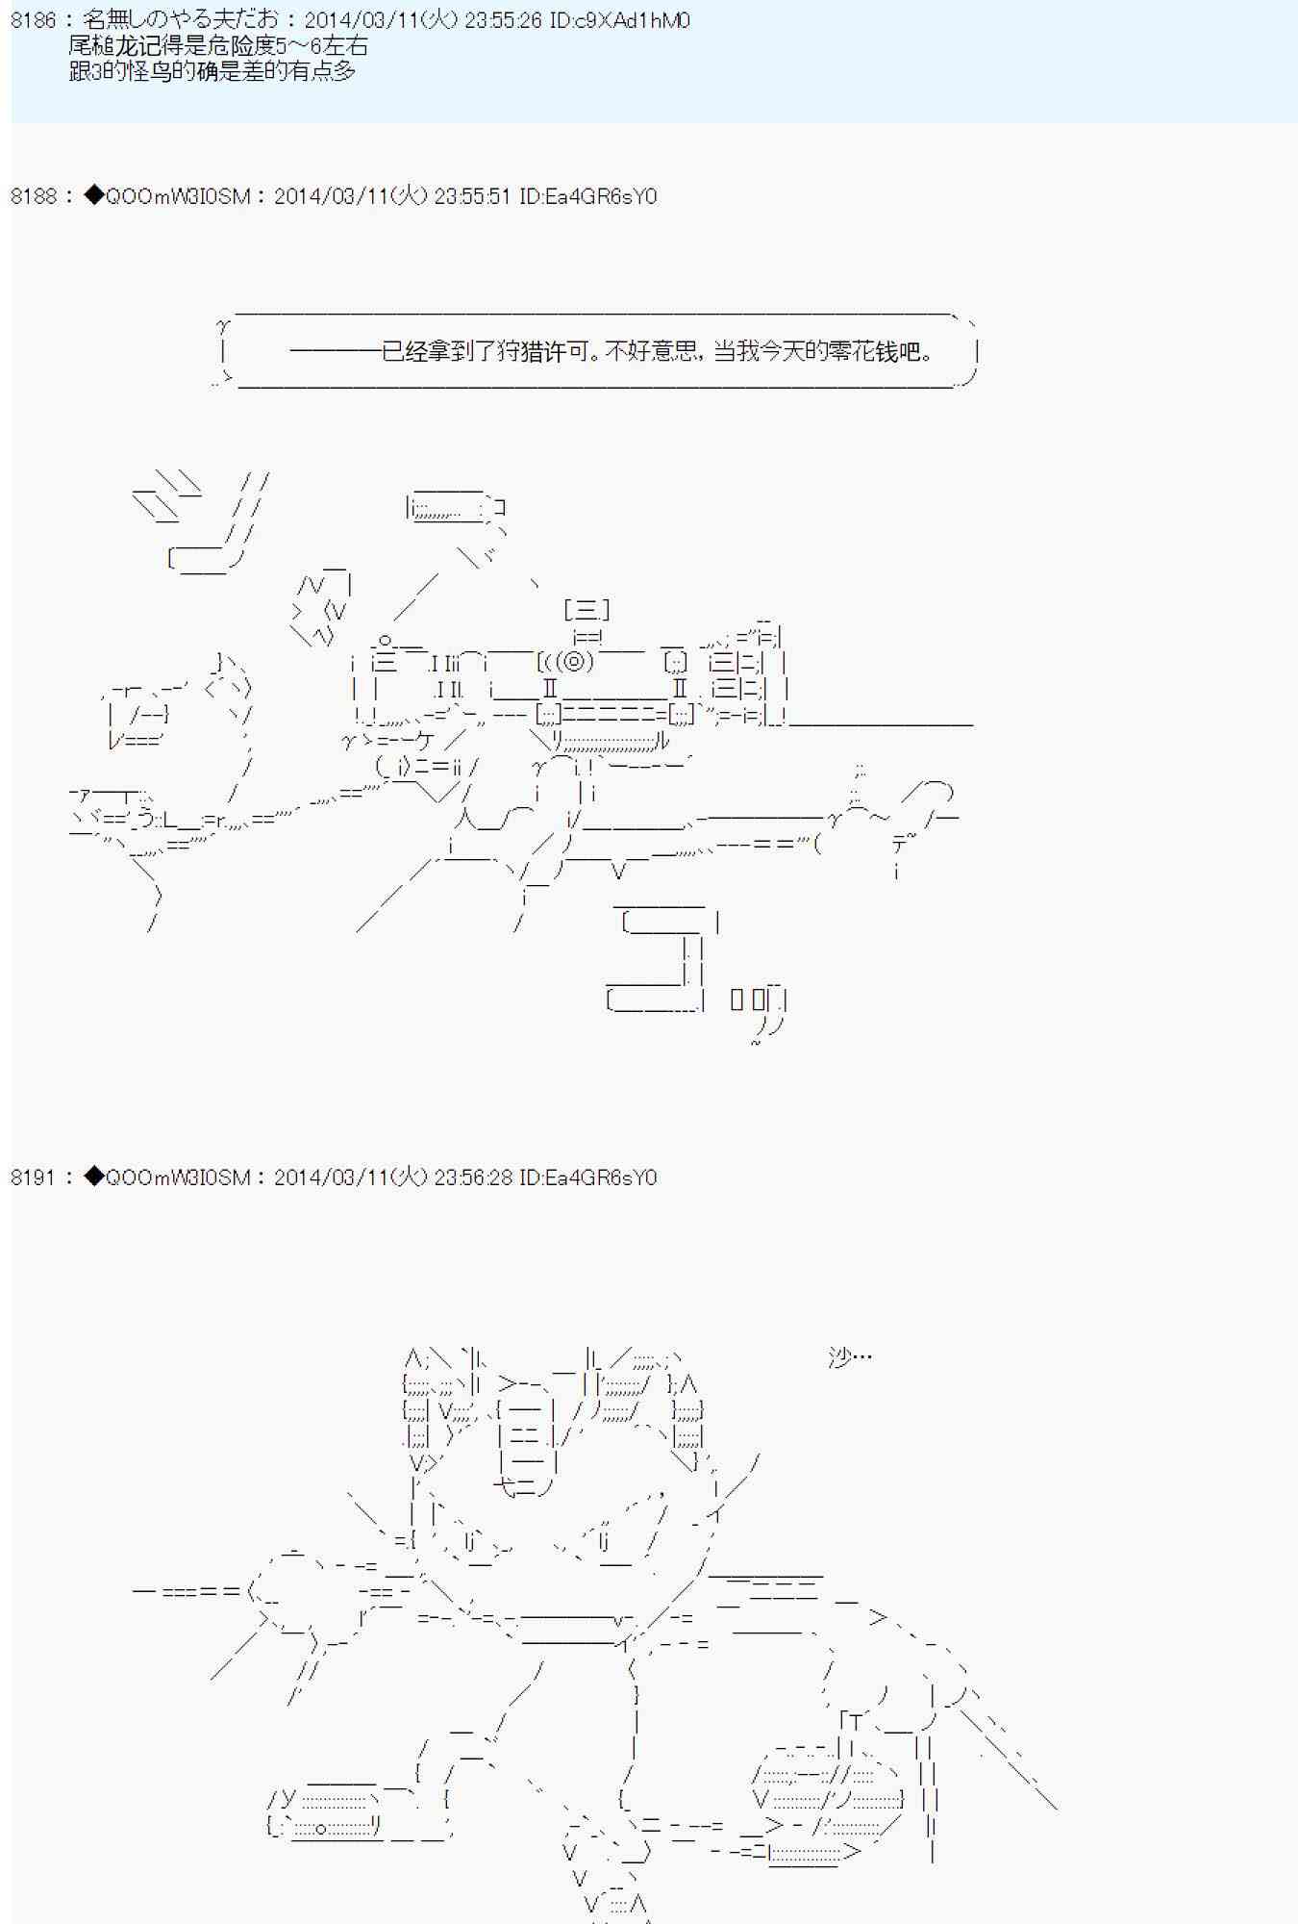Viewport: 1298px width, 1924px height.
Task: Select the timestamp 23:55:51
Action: click(x=472, y=196)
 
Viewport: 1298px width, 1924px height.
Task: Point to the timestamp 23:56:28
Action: click(x=472, y=1177)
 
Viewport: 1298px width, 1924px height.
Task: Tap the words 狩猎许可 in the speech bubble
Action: click(x=543, y=351)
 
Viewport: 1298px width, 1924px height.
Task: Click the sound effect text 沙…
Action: click(x=850, y=1357)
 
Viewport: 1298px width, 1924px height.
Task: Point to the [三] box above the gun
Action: click(x=587, y=610)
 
